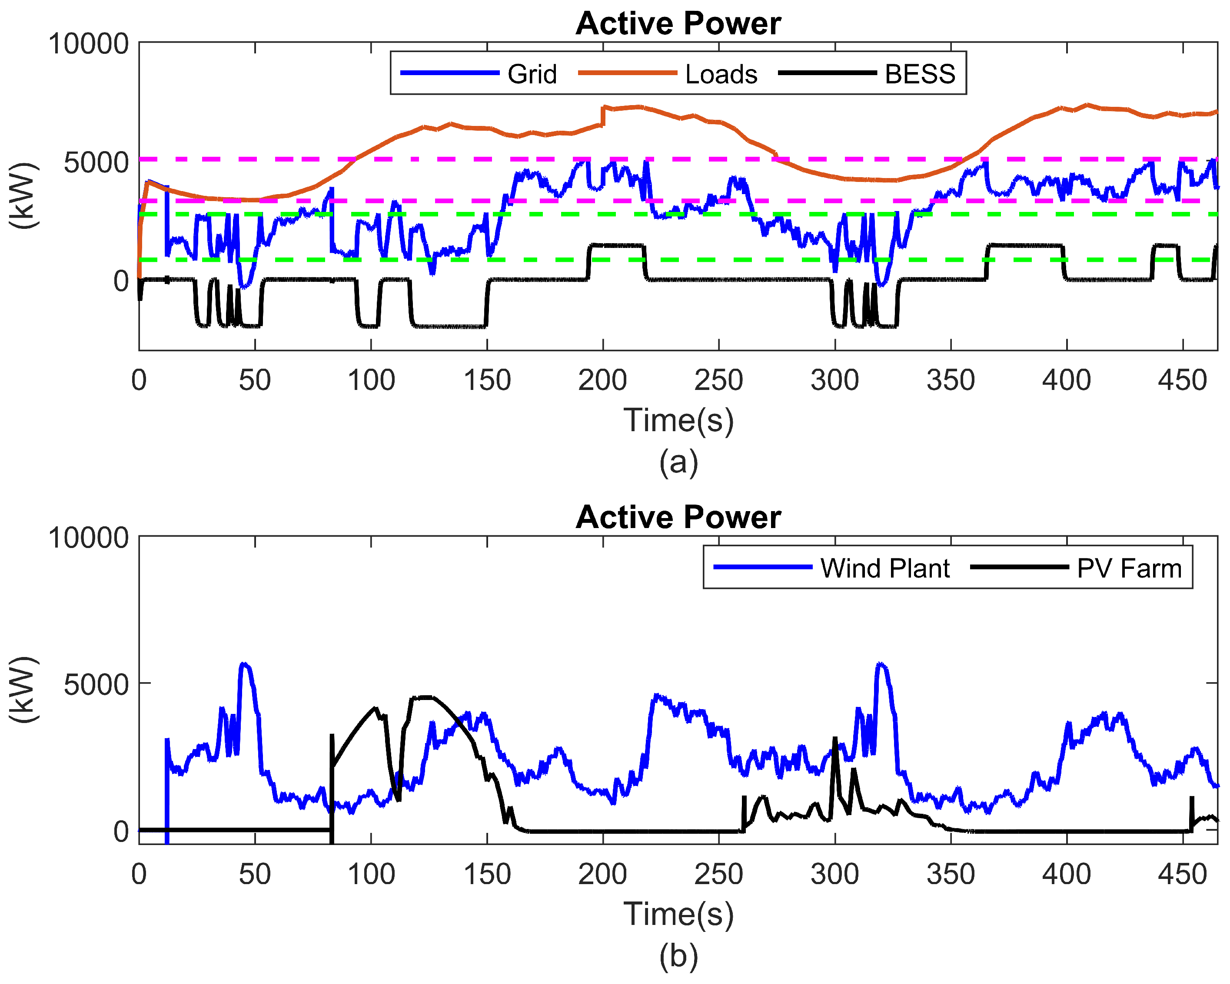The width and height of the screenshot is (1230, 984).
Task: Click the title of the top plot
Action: coord(678,24)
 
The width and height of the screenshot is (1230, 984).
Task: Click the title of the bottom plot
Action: coord(678,518)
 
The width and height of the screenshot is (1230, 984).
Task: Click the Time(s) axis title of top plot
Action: coord(678,421)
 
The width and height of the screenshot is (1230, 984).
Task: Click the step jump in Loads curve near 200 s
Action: coord(603,116)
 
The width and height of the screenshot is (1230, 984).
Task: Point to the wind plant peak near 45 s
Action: coord(245,665)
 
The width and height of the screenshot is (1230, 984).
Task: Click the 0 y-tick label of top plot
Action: coord(121,281)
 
